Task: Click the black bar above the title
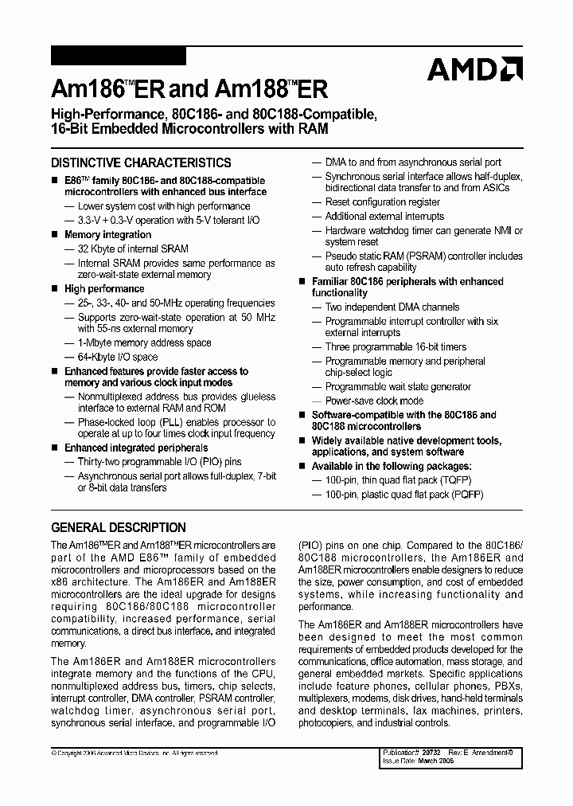[119, 57]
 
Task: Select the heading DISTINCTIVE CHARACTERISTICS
[141, 162]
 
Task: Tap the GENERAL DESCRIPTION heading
[119, 527]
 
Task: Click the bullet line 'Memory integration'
[107, 235]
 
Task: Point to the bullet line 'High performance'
[104, 289]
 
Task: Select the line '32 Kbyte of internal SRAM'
[133, 249]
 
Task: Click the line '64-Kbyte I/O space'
[118, 358]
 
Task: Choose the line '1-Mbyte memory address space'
[144, 343]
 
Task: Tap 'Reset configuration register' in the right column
[382, 202]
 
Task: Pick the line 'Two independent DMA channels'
[392, 307]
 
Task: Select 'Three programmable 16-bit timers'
[396, 347]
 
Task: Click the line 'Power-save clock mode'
[374, 401]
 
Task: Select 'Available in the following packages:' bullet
[391, 466]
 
